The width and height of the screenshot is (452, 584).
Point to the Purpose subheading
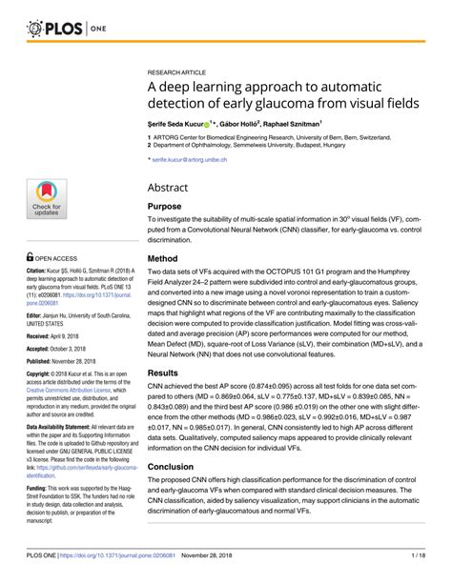pyautogui.click(x=168, y=207)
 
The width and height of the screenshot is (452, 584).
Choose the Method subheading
pyautogui.click(x=166, y=259)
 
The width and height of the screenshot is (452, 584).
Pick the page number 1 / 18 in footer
pyautogui.click(x=423, y=554)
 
